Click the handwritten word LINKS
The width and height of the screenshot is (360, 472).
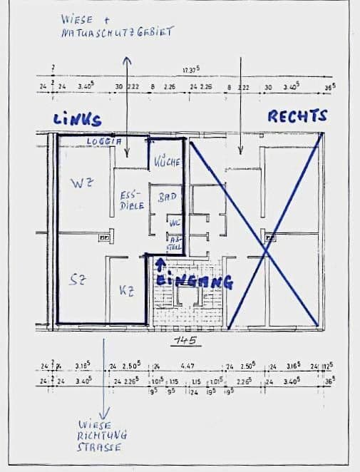point(77,120)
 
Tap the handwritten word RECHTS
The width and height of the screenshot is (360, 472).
point(297,116)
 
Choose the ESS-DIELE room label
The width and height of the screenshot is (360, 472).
point(131,199)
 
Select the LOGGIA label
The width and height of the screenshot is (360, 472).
point(99,142)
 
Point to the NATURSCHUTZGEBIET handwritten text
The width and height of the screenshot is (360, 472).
point(117,33)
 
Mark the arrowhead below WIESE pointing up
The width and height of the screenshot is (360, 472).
point(127,61)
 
